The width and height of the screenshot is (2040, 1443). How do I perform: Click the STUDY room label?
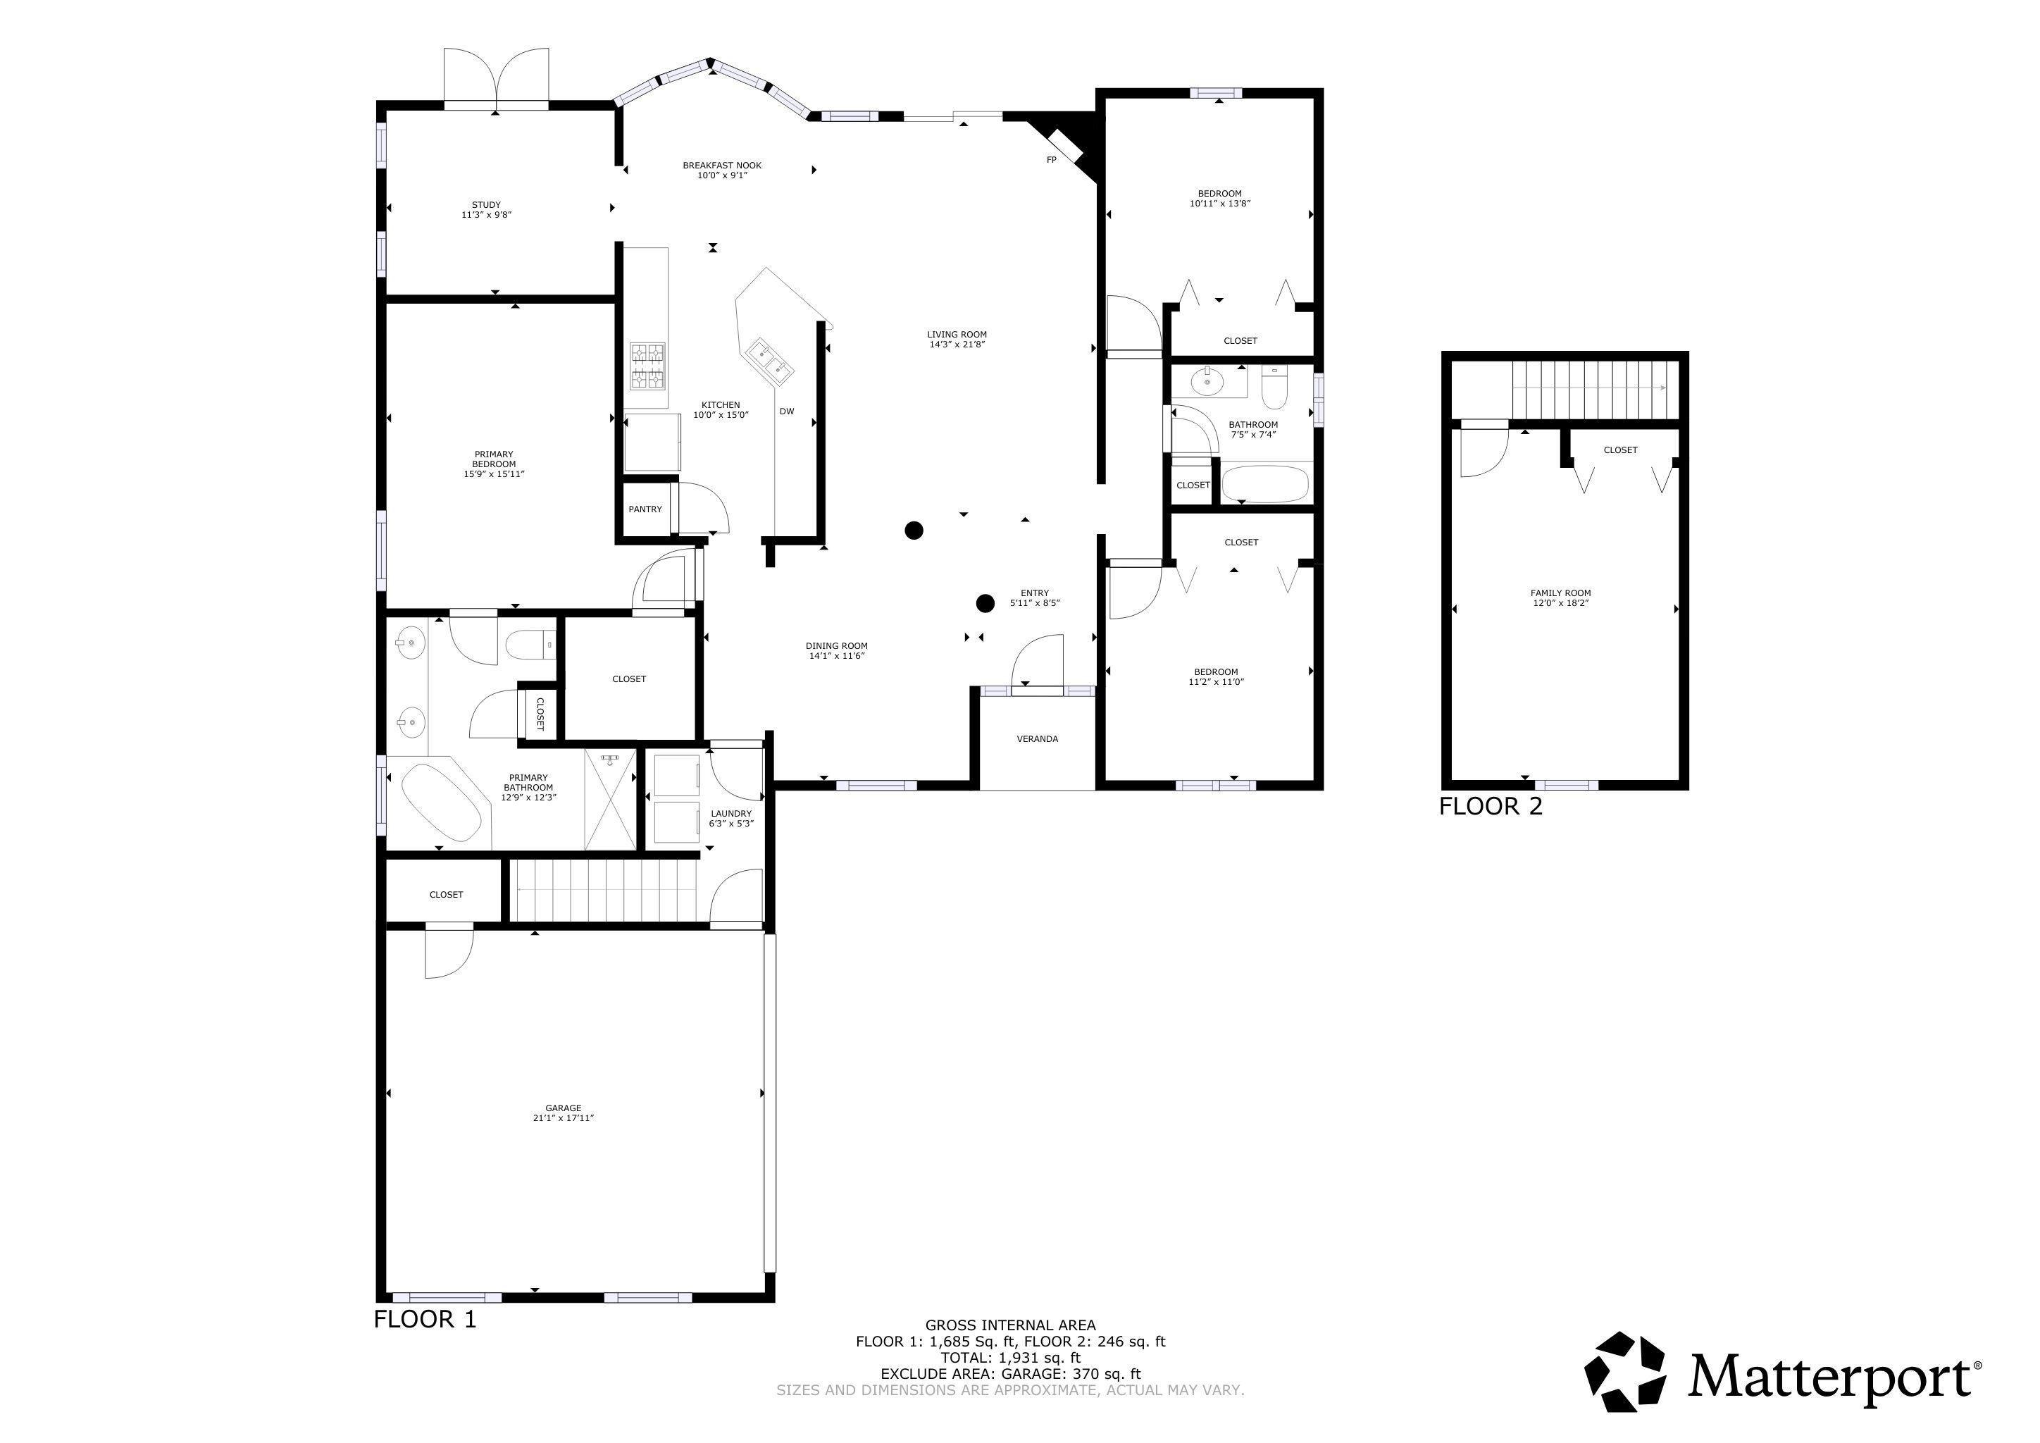coord(486,205)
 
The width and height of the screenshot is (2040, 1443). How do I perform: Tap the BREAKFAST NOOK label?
coord(721,166)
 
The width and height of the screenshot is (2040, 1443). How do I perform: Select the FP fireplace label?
coord(1051,160)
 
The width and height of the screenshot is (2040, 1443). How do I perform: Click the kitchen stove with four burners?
coord(648,367)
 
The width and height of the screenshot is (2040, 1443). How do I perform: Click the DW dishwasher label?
coord(786,411)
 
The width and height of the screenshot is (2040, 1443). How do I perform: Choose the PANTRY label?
coord(645,509)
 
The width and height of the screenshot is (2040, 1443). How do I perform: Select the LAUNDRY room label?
coord(731,814)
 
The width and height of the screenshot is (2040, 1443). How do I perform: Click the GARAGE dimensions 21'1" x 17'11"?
coord(564,1117)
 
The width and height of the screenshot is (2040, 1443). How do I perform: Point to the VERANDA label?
coord(1037,739)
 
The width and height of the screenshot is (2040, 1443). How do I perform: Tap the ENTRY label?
coord(1034,593)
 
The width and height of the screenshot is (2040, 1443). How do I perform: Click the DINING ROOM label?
coord(836,646)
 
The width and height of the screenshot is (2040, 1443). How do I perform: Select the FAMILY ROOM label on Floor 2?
coord(1560,593)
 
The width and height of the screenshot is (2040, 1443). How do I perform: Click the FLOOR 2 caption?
coord(1491,807)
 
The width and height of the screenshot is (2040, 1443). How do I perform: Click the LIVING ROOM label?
coord(957,335)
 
